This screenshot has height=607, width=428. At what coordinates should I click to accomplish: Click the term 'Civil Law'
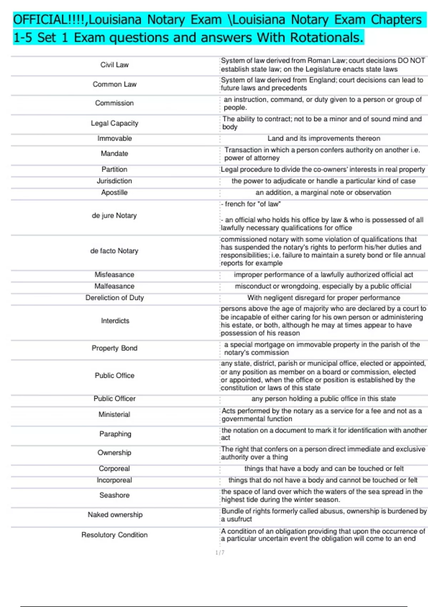114,65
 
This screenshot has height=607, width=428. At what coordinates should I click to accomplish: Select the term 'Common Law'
114,84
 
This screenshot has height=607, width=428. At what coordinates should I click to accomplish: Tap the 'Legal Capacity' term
114,123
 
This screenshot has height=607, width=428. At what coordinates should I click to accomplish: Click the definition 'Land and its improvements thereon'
323,139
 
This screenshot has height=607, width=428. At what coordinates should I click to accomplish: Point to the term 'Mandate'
114,154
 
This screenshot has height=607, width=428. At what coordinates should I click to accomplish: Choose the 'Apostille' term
114,192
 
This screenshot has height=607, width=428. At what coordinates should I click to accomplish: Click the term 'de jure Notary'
114,216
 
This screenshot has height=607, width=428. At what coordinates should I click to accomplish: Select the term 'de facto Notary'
114,251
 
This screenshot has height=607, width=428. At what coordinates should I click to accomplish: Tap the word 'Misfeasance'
114,275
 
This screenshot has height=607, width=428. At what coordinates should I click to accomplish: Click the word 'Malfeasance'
114,286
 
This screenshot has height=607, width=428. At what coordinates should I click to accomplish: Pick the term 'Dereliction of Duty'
114,298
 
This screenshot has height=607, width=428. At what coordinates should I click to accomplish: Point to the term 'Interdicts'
115,321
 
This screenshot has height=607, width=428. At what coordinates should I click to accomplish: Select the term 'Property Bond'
114,348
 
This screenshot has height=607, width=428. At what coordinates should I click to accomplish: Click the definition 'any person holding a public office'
323,399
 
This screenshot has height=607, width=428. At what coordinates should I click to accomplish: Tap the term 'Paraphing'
115,434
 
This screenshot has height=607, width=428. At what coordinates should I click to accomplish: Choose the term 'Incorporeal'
114,480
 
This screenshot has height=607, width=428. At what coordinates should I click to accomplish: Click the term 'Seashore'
114,495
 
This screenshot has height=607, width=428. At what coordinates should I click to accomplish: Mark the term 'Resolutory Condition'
114,535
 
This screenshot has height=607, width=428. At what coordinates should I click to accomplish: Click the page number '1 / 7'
220,553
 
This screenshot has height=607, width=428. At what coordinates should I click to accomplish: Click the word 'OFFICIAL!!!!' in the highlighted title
49,20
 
